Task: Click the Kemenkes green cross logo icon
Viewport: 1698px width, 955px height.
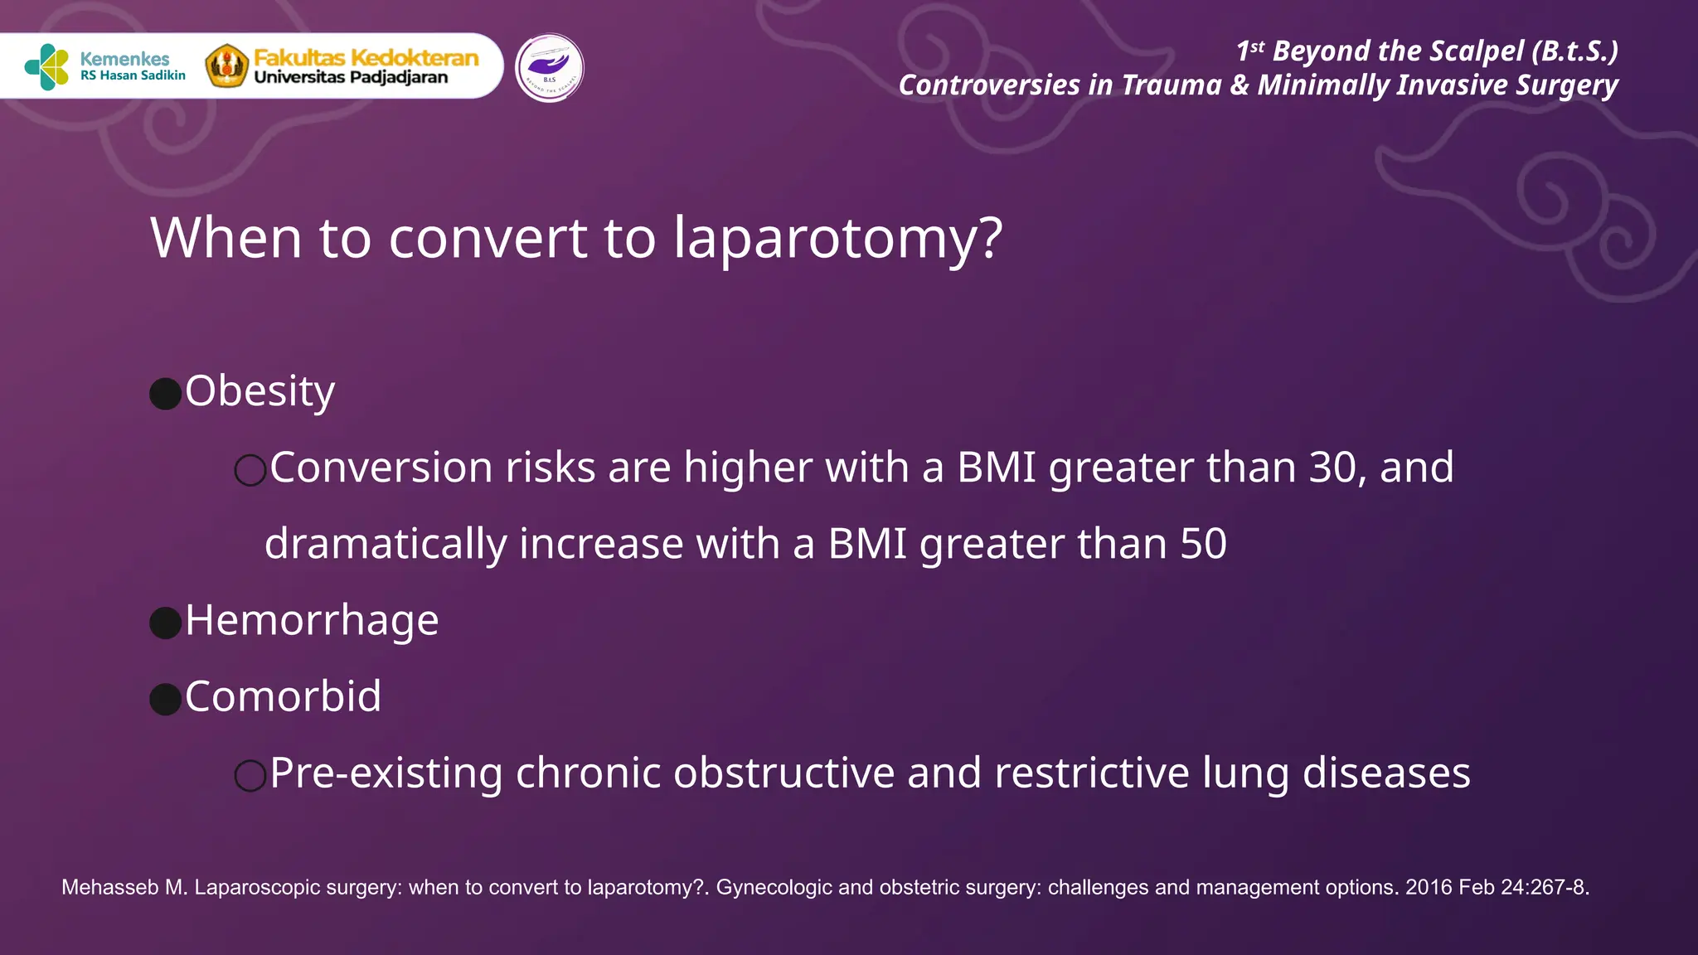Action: click(x=47, y=66)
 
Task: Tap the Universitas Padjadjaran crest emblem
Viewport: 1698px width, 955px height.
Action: click(x=226, y=66)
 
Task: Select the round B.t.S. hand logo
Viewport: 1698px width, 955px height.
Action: click(x=549, y=68)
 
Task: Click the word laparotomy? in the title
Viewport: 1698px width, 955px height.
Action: click(x=838, y=239)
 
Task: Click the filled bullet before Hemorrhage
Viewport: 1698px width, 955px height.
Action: click(x=166, y=623)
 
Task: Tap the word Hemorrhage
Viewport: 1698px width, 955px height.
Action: click(x=312, y=620)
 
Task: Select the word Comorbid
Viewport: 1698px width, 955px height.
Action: click(x=283, y=696)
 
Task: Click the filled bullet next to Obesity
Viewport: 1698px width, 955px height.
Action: click(x=166, y=394)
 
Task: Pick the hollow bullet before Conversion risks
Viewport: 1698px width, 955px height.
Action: click(x=250, y=470)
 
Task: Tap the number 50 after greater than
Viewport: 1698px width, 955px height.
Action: click(x=1203, y=544)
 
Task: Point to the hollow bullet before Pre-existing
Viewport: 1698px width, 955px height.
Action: click(x=250, y=776)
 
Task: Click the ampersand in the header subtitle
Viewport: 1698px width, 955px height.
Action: click(x=1240, y=85)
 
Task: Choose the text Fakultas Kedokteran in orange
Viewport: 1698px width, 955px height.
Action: click(x=366, y=58)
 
